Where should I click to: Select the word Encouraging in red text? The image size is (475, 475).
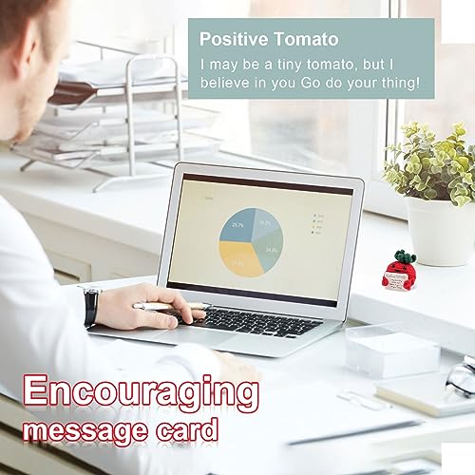coord(141,391)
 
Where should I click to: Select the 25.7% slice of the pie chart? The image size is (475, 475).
coord(237,225)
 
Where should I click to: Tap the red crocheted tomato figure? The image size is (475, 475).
coord(393,273)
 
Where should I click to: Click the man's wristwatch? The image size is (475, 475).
coord(91,306)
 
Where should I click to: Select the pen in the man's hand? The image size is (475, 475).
coord(171,306)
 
